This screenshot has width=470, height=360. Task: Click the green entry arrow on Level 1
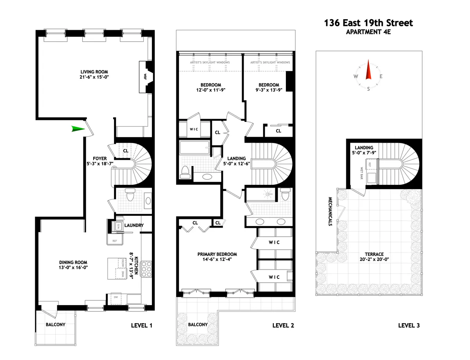[78, 129]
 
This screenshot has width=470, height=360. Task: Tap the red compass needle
[368, 71]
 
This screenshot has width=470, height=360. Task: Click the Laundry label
[134, 225]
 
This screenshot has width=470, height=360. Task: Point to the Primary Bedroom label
[217, 254]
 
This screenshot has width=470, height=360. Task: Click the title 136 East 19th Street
[368, 23]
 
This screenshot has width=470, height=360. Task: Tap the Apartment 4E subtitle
[368, 32]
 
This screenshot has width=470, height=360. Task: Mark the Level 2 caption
[283, 325]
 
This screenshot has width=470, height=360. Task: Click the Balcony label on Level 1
[55, 324]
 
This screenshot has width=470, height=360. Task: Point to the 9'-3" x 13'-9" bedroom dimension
[268, 90]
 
